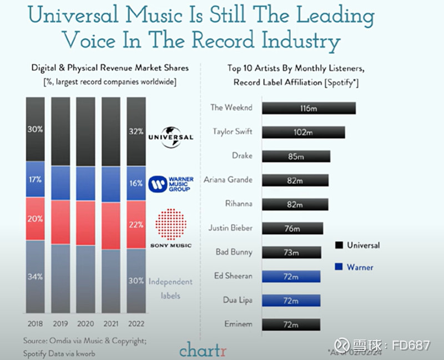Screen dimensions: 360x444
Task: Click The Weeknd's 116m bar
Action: pyautogui.click(x=308, y=108)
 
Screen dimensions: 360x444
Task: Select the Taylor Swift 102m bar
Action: pyautogui.click(x=302, y=132)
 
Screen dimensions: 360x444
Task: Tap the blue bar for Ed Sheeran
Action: pyautogui.click(x=290, y=276)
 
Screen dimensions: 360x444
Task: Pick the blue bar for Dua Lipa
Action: pyautogui.click(x=290, y=300)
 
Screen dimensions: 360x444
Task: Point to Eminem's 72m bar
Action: pyautogui.click(x=290, y=324)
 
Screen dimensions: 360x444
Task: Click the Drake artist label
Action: pyautogui.click(x=242, y=156)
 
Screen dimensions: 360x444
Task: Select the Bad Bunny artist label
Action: pyautogui.click(x=234, y=252)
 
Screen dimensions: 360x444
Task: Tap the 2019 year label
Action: pyautogui.click(x=60, y=323)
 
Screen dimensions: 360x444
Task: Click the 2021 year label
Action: pyautogui.click(x=110, y=323)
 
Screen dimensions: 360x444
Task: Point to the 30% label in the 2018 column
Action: pyautogui.click(x=35, y=129)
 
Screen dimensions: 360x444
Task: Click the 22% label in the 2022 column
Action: pyautogui.click(x=136, y=225)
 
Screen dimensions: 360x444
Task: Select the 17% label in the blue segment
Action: pyautogui.click(x=35, y=180)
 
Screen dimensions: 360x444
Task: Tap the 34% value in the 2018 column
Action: pyautogui.click(x=35, y=277)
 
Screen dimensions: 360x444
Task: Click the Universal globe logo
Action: pyautogui.click(x=170, y=136)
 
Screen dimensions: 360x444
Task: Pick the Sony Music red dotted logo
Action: pyautogui.click(x=170, y=225)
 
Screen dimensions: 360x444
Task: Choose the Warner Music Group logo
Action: pyautogui.click(x=171, y=184)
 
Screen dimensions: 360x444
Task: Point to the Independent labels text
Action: pyautogui.click(x=170, y=288)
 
